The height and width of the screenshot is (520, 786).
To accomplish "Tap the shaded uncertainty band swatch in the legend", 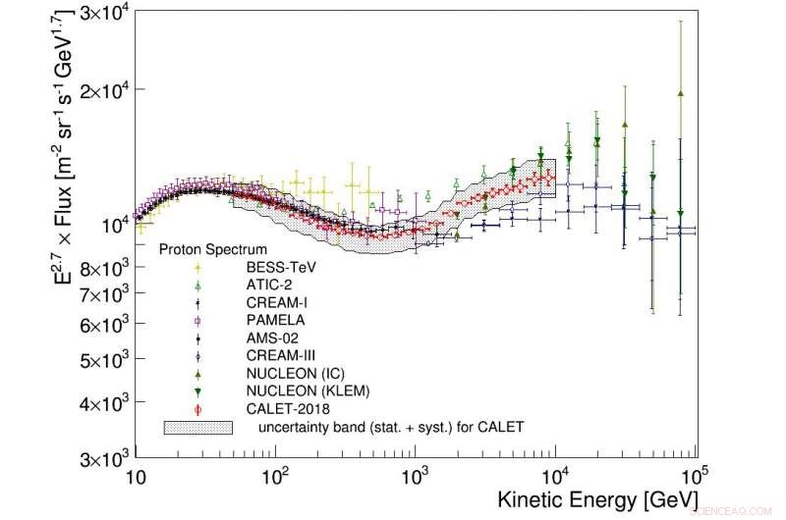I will click(x=197, y=428).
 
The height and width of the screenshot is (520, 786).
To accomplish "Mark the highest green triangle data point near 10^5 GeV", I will click(x=680, y=93).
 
